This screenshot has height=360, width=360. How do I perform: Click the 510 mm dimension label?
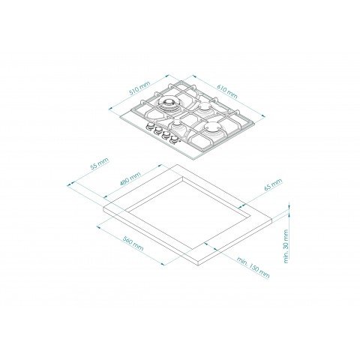click(139, 88)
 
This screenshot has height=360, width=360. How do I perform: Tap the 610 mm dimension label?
click(227, 91)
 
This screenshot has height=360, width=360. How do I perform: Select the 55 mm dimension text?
click(100, 163)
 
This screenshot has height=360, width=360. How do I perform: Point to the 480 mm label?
click(130, 178)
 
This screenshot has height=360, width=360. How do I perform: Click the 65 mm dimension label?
click(273, 184)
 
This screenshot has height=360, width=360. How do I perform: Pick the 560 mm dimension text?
click(133, 243)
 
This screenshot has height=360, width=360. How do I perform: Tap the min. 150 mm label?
click(253, 267)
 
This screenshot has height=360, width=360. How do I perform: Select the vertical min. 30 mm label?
click(286, 246)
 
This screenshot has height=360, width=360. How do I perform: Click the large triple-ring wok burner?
click(167, 104)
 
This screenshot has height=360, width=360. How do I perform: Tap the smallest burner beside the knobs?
click(177, 123)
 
